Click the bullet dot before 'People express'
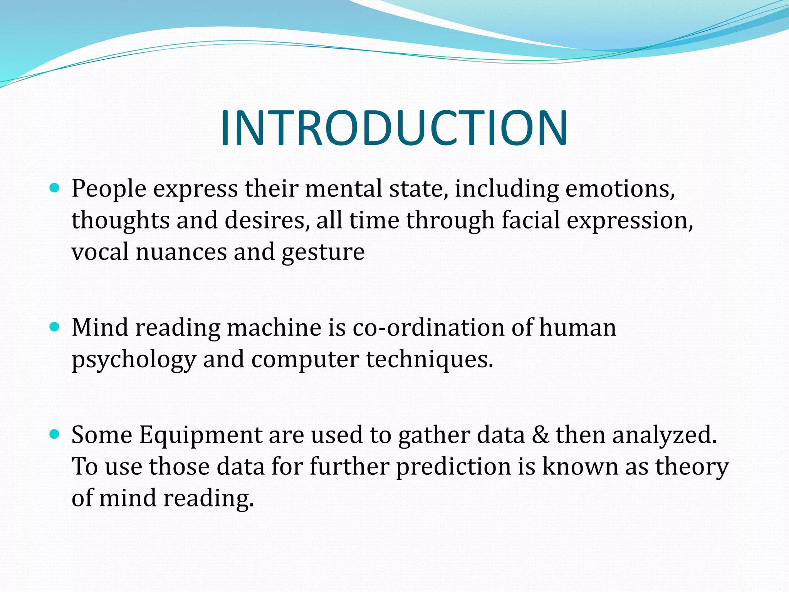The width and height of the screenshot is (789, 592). (55, 188)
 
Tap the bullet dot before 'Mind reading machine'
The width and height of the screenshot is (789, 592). (55, 327)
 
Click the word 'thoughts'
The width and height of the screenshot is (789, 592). (121, 221)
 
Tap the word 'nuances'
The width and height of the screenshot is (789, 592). (181, 252)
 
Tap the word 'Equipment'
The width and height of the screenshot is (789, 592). (201, 436)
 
